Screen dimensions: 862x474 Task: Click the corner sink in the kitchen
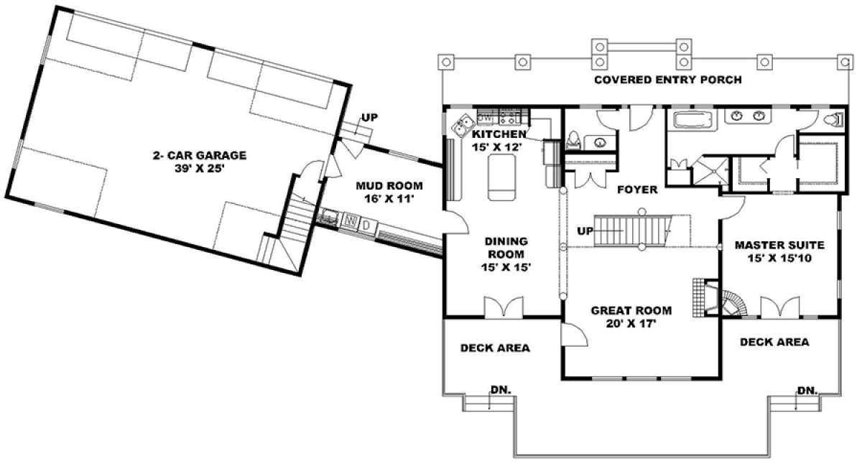click(x=463, y=125)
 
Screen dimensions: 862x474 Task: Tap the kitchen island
click(x=501, y=177)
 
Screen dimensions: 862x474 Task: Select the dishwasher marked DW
click(x=487, y=117)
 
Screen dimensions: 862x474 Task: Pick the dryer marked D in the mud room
click(x=367, y=225)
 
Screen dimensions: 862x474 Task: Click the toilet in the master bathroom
click(x=834, y=119)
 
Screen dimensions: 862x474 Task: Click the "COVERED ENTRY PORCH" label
click(x=668, y=80)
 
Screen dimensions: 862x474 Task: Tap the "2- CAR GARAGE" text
click(x=200, y=155)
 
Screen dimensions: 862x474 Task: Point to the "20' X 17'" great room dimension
click(x=631, y=324)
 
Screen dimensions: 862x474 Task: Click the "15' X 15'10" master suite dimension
click(x=779, y=258)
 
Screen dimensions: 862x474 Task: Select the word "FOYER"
click(x=637, y=190)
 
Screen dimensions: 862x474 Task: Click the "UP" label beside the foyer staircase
click(x=585, y=231)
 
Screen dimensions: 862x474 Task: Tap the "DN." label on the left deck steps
click(x=501, y=390)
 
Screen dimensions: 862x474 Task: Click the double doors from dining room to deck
click(x=504, y=307)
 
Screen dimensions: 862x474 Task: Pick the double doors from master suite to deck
click(x=780, y=307)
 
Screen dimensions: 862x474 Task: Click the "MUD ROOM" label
click(x=389, y=186)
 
